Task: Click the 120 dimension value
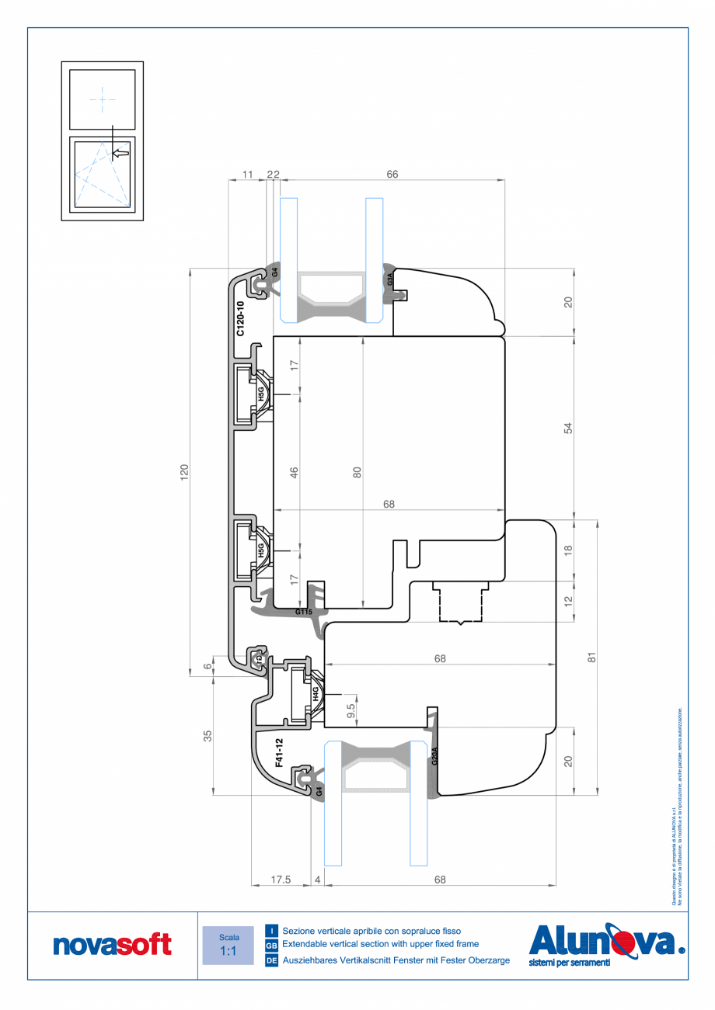click(184, 473)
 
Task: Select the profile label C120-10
click(240, 318)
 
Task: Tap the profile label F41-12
click(279, 752)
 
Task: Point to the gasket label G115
click(304, 612)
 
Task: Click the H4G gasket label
click(316, 693)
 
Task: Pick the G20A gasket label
click(434, 756)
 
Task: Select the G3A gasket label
click(389, 279)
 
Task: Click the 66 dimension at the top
click(392, 175)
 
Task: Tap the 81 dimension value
click(591, 657)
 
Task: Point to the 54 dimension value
click(567, 428)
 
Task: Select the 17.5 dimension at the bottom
click(281, 880)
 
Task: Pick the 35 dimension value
click(208, 736)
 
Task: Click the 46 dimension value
click(295, 473)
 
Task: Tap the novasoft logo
click(112, 945)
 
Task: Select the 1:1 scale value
click(228, 951)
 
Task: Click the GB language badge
click(271, 946)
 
